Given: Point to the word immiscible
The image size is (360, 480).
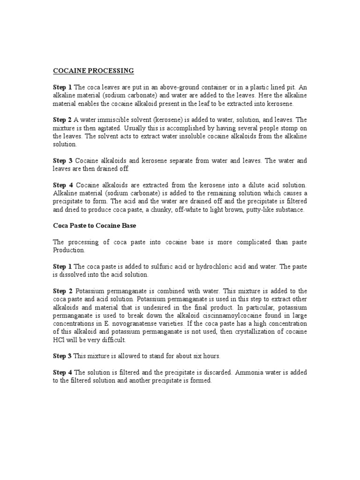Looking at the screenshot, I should tap(120, 120).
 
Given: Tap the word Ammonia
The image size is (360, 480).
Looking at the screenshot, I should tap(254, 373).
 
